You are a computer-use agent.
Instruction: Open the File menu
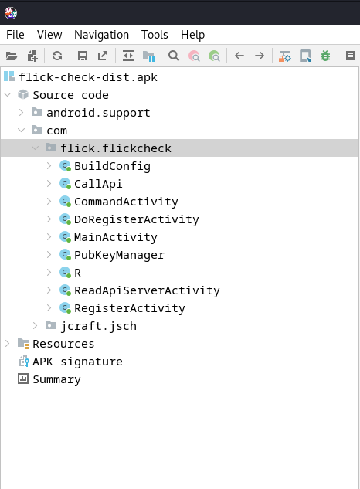[x=15, y=35]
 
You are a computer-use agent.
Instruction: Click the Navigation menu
[x=101, y=35]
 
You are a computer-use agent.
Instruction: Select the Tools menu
[x=155, y=35]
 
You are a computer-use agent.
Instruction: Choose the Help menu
[x=192, y=35]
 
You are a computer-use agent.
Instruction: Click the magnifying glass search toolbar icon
[x=174, y=56]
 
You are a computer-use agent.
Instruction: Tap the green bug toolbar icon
[x=325, y=56]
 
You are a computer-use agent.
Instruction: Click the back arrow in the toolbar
[x=239, y=56]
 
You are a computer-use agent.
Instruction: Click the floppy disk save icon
[x=83, y=56]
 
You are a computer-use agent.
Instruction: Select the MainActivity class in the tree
[x=115, y=237]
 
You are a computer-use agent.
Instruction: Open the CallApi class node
[x=98, y=184]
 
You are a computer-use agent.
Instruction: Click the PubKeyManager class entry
[x=119, y=255]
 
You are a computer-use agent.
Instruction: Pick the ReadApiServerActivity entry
[x=147, y=290]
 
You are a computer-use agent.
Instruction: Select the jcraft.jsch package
[x=98, y=326]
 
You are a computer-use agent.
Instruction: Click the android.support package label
[x=98, y=113]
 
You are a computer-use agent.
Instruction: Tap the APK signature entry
[x=77, y=362]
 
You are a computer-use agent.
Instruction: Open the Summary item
[x=56, y=379]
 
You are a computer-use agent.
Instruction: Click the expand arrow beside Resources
[x=8, y=344]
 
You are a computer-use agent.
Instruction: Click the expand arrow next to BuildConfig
[x=49, y=166]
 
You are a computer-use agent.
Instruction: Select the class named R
[x=77, y=273]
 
